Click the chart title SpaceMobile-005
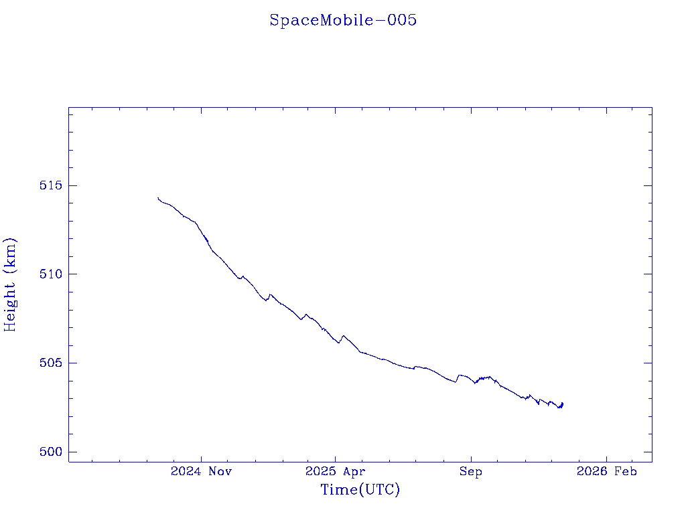tap(343, 20)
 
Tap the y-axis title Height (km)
tap(10, 284)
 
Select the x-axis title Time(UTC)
tap(360, 490)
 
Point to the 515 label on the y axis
tap(50, 185)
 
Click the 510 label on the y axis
tap(50, 274)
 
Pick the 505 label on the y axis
tap(50, 363)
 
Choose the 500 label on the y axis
tap(50, 452)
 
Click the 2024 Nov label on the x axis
tap(201, 471)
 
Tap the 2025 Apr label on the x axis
tap(336, 471)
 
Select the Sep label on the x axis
tap(470, 471)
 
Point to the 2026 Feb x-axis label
tap(606, 471)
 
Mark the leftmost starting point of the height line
tap(158, 198)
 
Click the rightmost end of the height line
tap(563, 403)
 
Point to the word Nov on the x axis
tap(220, 471)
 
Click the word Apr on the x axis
tap(355, 471)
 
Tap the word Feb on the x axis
tap(626, 471)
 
